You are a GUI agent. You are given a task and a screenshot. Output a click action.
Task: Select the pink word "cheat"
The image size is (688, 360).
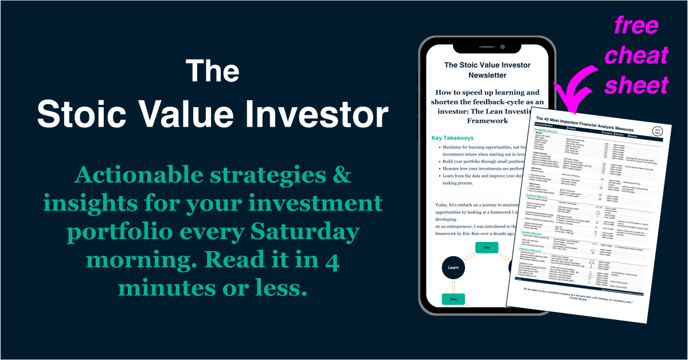coord(636,56)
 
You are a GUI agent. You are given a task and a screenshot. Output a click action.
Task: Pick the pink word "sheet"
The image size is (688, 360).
coord(636,85)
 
